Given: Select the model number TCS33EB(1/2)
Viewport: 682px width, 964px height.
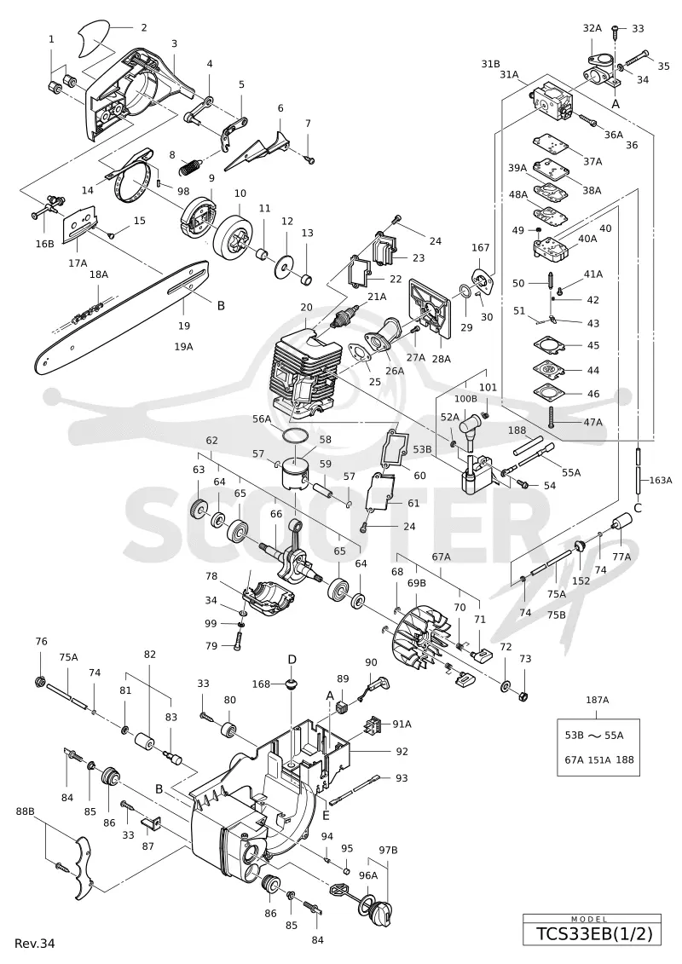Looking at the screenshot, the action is (592, 934).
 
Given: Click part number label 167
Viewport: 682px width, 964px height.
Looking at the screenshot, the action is (480, 248).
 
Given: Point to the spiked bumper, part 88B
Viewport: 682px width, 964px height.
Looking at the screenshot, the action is (82, 866).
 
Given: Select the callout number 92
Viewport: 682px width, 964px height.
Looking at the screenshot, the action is (402, 751).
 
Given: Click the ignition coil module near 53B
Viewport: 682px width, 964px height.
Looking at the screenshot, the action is (477, 471).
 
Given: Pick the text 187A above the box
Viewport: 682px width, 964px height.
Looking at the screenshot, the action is (597, 699).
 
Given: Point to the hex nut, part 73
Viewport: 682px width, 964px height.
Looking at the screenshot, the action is (524, 696).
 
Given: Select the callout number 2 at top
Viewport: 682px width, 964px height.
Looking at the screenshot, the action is (144, 27).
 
